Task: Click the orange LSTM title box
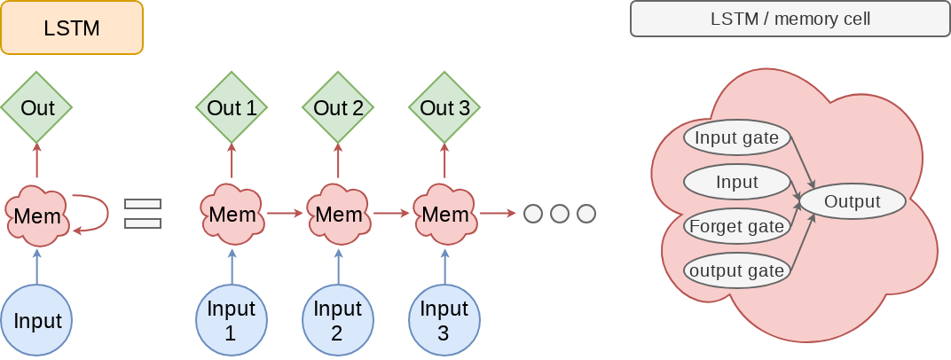[x=72, y=27]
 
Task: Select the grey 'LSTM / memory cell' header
[x=790, y=19]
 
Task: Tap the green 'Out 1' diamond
[x=232, y=108]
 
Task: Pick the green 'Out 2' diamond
[x=338, y=108]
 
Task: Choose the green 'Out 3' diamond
[x=444, y=108]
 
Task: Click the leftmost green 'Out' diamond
[x=36, y=108]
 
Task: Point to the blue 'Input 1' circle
[x=232, y=319]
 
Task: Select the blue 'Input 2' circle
[x=338, y=319]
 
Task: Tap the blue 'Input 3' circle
[x=444, y=319]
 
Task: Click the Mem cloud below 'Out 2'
[x=338, y=214]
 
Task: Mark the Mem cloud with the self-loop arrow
[x=36, y=215]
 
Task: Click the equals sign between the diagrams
[x=143, y=214]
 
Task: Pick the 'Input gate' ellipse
[x=736, y=137]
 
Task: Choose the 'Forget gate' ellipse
[x=736, y=226]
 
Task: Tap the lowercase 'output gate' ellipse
[x=736, y=270]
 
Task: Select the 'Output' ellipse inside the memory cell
[x=853, y=201]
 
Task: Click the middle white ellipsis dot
[x=559, y=214]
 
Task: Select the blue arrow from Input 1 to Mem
[x=232, y=266]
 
